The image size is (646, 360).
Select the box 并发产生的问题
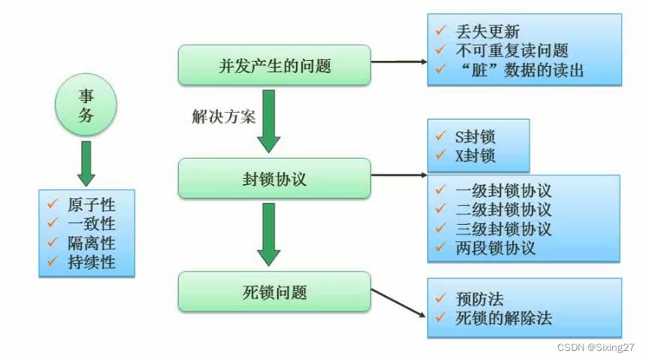tap(274, 65)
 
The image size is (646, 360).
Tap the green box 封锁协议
tap(274, 179)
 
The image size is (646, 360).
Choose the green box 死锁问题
tap(274, 292)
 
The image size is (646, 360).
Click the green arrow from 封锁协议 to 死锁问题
tap(268, 234)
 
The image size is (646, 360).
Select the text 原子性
tap(90, 204)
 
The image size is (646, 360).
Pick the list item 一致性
tap(90, 223)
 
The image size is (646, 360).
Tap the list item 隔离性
tap(90, 243)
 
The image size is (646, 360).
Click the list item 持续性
tap(90, 262)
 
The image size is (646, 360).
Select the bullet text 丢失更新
tap(488, 32)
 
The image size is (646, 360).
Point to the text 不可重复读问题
tap(512, 51)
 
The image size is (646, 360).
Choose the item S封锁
tap(475, 138)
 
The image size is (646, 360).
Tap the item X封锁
tap(475, 156)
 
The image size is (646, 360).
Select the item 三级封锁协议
tap(504, 228)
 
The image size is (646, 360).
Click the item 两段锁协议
tap(496, 248)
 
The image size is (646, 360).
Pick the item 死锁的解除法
tap(504, 318)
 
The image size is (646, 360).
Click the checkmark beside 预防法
tap(441, 298)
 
